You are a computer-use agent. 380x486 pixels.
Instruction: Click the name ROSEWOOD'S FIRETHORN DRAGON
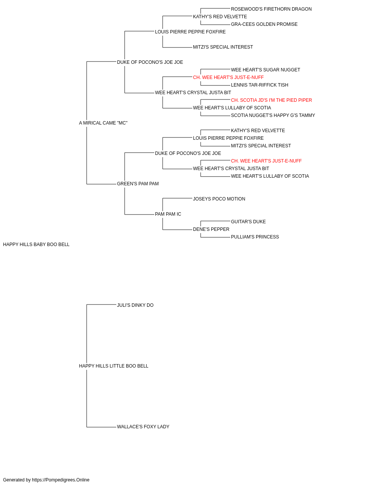point(271,9)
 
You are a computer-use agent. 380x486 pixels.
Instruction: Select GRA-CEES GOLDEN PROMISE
point(264,24)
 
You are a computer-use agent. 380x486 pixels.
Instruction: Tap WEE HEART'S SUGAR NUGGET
point(265,70)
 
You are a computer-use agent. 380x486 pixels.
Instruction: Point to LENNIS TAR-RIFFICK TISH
point(260,85)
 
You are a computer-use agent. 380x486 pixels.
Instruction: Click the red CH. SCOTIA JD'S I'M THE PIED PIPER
point(271,100)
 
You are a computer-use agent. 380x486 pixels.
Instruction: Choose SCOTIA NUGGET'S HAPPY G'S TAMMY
point(273,115)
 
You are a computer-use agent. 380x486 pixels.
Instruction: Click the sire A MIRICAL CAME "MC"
point(103,123)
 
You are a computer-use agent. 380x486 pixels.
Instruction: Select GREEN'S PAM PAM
point(138,184)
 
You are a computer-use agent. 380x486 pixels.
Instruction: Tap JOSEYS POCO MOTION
point(219,199)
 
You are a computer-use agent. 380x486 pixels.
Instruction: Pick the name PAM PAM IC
point(168,214)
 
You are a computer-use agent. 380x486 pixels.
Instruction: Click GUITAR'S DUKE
point(248,222)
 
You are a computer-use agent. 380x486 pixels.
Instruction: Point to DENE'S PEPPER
point(211,229)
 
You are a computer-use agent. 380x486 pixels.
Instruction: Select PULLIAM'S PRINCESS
point(255,237)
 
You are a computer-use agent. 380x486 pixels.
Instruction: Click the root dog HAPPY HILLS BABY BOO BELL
point(36,245)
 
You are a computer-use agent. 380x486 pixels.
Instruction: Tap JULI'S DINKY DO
point(135,305)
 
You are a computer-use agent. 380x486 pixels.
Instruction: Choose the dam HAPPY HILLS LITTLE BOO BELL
point(114,366)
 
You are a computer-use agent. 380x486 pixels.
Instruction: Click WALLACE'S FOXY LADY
point(143,427)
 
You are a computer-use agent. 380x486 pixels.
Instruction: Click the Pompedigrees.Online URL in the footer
point(60,480)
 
